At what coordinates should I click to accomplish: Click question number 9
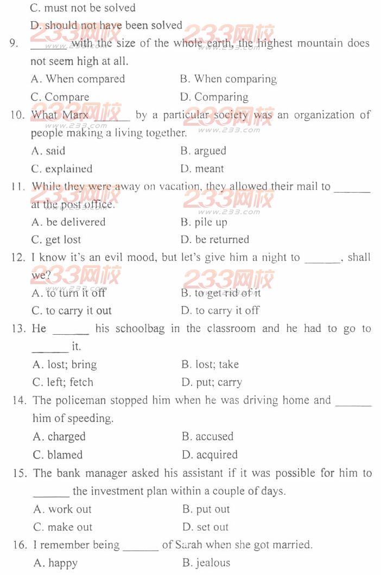tap(14, 43)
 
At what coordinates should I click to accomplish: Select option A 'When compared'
tap(78, 79)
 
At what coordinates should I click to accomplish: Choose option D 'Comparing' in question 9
tap(214, 97)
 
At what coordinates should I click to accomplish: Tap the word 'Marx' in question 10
tap(75, 115)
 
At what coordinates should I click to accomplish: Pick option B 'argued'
tap(204, 151)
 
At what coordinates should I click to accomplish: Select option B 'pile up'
tap(204, 222)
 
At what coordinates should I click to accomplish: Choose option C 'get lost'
tap(56, 240)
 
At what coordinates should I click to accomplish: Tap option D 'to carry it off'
tap(220, 311)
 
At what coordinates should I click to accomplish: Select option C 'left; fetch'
tap(63, 382)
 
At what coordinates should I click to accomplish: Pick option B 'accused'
tap(208, 437)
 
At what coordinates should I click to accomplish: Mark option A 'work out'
tap(62, 509)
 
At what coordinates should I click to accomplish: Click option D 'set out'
tap(206, 527)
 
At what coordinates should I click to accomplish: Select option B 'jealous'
tap(206, 563)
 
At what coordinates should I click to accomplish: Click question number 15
tap(20, 473)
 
